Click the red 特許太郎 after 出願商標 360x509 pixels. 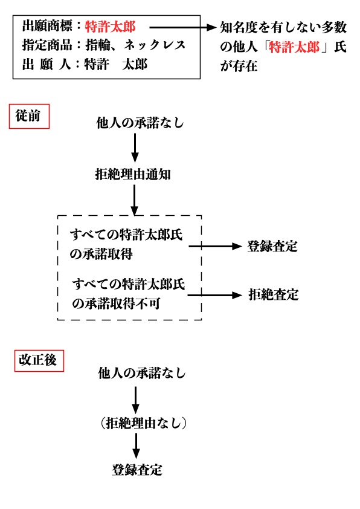tap(110, 26)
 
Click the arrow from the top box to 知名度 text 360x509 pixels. tap(182, 27)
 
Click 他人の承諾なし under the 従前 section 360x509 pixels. tap(140, 123)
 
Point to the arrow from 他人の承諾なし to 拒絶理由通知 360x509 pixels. tap(135, 148)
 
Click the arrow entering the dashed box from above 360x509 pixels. tap(135, 200)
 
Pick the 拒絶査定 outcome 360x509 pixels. tap(273, 295)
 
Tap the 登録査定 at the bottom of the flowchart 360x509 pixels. tap(137, 470)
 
